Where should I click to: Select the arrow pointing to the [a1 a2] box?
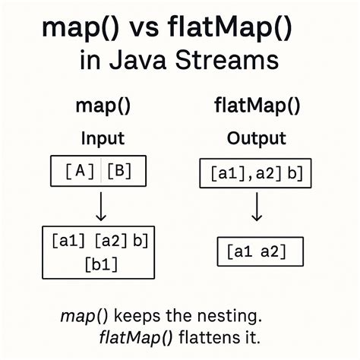pyautogui.click(x=257, y=206)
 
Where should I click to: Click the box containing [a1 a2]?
pyautogui.click(x=260, y=251)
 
